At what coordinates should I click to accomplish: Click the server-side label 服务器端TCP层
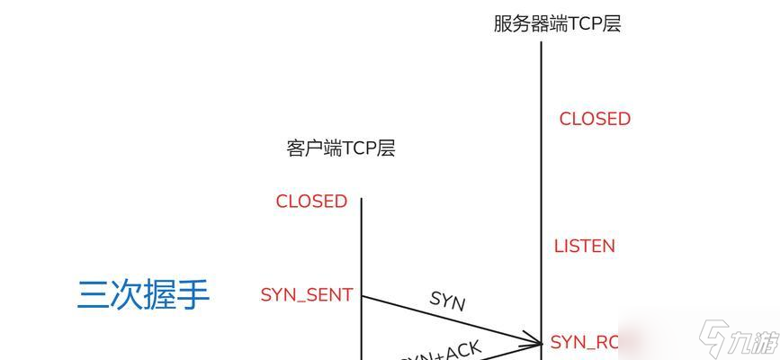(x=557, y=23)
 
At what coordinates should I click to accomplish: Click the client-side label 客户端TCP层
(x=341, y=148)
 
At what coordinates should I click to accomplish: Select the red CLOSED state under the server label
(x=595, y=119)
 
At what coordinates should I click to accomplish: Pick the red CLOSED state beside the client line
(x=311, y=202)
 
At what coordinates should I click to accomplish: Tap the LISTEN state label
(x=584, y=246)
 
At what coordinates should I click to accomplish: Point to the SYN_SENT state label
(x=306, y=295)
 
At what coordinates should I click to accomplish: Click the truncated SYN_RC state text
(x=585, y=342)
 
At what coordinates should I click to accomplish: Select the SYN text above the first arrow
(x=447, y=300)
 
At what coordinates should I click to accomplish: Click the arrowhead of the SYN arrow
(x=537, y=340)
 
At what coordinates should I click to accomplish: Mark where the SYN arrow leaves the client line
(x=362, y=295)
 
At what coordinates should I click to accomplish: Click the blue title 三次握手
(x=143, y=294)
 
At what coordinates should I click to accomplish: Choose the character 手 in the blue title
(x=193, y=294)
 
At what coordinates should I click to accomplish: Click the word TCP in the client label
(x=359, y=148)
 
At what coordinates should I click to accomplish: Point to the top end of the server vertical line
(x=541, y=42)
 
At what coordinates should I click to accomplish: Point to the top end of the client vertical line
(x=362, y=199)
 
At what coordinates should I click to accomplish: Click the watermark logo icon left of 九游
(x=714, y=341)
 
